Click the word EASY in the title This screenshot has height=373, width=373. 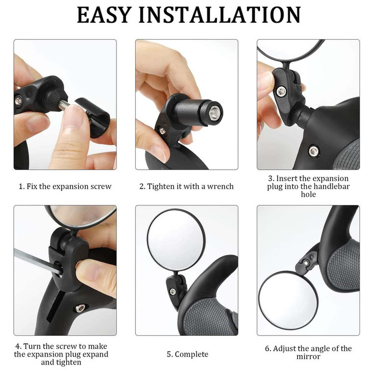tap(104, 15)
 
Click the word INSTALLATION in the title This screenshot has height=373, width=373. tap(219, 15)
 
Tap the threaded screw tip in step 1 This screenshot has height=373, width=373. tap(64, 105)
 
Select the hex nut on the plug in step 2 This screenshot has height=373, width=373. tap(214, 112)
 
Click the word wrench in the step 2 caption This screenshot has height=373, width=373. tap(220, 186)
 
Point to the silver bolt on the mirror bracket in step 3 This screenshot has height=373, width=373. tap(281, 91)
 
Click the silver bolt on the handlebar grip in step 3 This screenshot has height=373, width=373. tap(313, 151)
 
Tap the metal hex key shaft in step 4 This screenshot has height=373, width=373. tap(38, 261)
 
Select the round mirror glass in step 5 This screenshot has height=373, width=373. tap(176, 240)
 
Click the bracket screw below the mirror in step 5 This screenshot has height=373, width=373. tap(173, 291)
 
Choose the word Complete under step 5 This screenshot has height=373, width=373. tap(191, 354)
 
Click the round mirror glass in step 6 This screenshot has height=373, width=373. tap(288, 300)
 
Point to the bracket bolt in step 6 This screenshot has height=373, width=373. tap(305, 263)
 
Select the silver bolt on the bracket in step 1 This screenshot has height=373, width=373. tap(18, 101)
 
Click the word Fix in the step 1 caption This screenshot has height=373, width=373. tap(32, 186)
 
